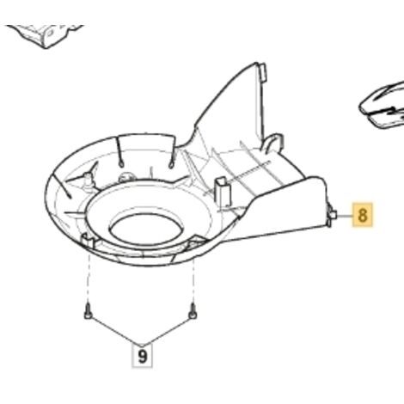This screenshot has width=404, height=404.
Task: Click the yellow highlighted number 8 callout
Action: (363, 215)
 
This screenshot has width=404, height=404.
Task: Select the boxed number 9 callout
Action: (142, 356)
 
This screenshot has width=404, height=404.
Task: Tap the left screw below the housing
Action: (88, 312)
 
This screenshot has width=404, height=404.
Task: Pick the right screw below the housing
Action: (193, 311)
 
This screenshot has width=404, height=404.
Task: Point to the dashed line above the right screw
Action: (193, 277)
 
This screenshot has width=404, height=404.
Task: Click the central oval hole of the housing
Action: (145, 230)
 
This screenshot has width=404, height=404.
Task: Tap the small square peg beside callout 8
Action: (334, 214)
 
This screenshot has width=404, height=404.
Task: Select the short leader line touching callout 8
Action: (345, 215)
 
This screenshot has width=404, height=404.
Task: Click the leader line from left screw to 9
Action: (115, 331)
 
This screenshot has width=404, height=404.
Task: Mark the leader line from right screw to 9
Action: (168, 331)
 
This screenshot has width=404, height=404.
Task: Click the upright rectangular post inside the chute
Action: (222, 191)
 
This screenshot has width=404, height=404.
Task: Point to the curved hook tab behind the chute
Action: (272, 142)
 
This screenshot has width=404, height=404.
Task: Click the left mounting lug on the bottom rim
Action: (88, 241)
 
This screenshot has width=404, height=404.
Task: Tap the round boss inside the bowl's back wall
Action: (125, 178)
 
